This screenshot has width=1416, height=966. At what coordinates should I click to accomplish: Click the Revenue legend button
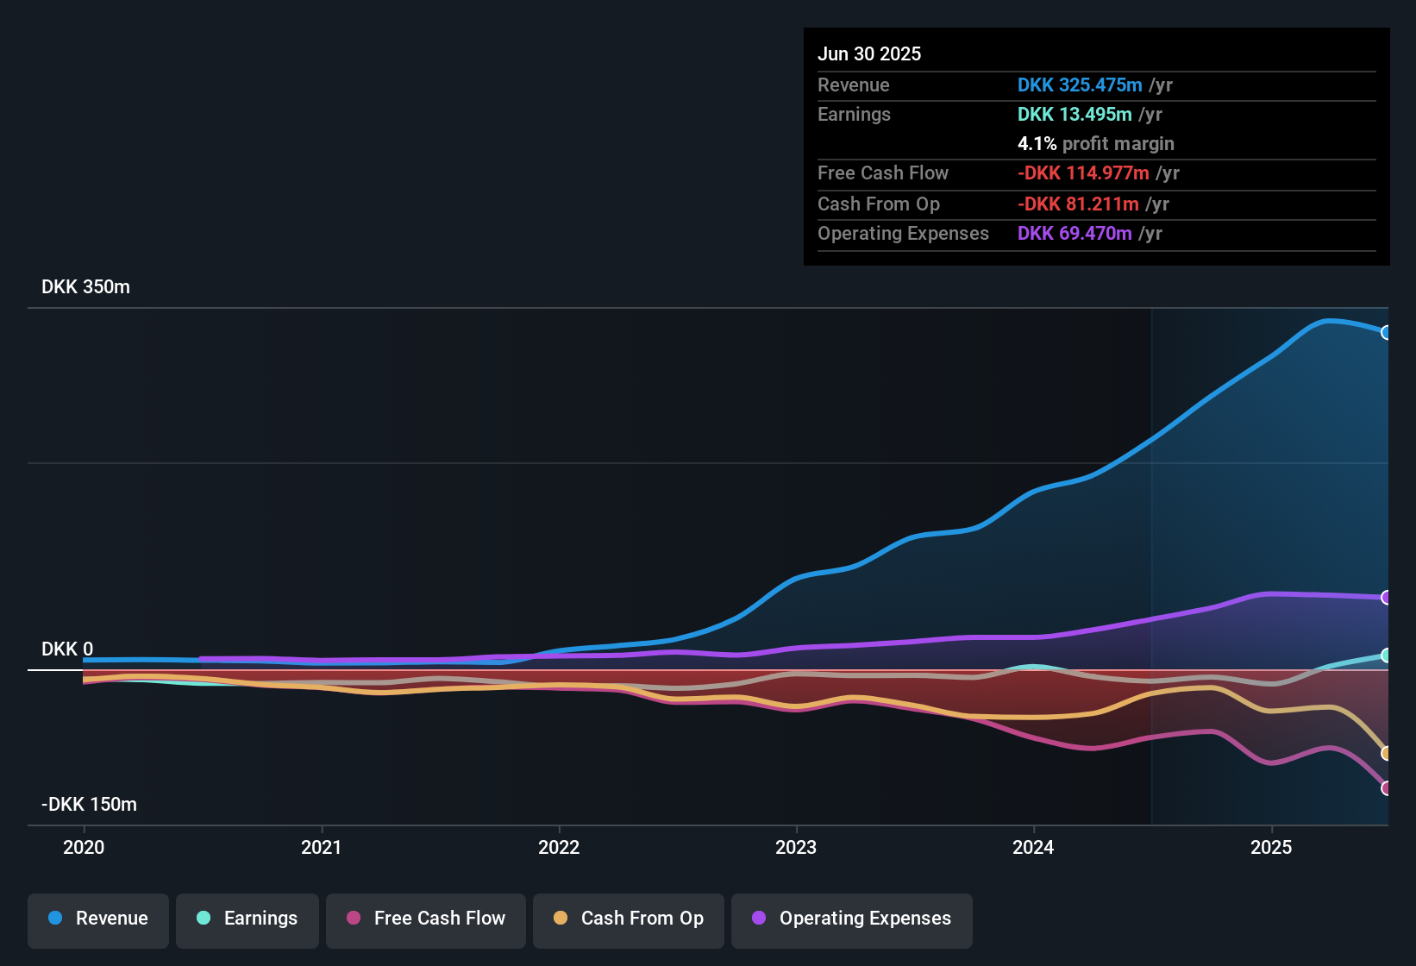click(98, 919)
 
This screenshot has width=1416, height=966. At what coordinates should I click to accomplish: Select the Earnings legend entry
click(247, 919)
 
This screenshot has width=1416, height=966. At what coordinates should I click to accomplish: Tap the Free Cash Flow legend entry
click(426, 919)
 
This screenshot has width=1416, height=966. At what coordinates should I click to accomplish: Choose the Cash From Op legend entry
click(629, 919)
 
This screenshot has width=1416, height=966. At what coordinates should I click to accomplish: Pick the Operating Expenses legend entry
click(852, 919)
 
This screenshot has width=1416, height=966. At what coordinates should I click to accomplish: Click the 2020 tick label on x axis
click(84, 847)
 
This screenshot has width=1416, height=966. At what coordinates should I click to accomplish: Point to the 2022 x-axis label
click(559, 847)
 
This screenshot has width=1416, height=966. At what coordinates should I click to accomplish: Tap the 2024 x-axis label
click(1033, 847)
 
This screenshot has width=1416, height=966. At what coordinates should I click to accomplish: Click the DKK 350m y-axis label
click(85, 287)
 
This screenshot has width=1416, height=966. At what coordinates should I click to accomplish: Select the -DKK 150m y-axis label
click(89, 805)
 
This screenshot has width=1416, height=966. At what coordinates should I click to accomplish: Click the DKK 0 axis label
click(67, 649)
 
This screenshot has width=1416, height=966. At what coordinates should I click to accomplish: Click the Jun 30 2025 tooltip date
click(869, 54)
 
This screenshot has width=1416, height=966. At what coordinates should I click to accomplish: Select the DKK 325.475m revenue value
click(1080, 85)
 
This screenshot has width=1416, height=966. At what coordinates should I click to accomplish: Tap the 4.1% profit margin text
click(1095, 144)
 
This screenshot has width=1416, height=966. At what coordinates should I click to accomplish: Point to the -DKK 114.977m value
click(1083, 173)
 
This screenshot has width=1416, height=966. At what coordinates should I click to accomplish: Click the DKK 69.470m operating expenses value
click(1075, 234)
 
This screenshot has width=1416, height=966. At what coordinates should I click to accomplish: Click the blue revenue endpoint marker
click(1386, 333)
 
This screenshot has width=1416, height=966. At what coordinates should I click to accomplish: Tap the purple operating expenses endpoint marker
click(1386, 598)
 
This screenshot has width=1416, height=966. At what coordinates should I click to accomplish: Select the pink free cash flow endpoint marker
click(1386, 788)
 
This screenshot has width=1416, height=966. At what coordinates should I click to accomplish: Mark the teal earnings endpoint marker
click(1386, 655)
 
